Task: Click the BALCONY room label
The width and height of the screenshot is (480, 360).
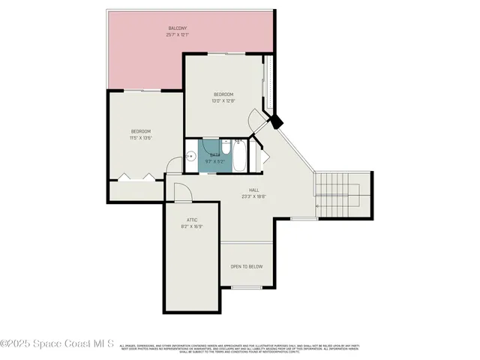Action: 177,28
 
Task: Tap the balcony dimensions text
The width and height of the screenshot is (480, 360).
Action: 177,35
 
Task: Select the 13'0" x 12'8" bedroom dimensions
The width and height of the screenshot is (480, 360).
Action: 224,100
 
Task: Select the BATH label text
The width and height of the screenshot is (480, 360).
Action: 214,154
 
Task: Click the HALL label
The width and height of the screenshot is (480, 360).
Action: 254,190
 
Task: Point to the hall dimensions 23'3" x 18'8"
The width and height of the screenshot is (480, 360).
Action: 254,197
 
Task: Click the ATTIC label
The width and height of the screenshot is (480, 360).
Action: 191,219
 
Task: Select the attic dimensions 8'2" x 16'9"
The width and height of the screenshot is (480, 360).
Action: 191,226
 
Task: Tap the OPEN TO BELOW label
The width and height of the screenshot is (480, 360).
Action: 246,266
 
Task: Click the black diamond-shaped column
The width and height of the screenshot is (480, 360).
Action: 275,119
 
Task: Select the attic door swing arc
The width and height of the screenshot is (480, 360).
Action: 183,192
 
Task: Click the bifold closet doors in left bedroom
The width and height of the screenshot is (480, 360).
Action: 136,178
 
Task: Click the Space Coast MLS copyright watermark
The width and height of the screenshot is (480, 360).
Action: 57,344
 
